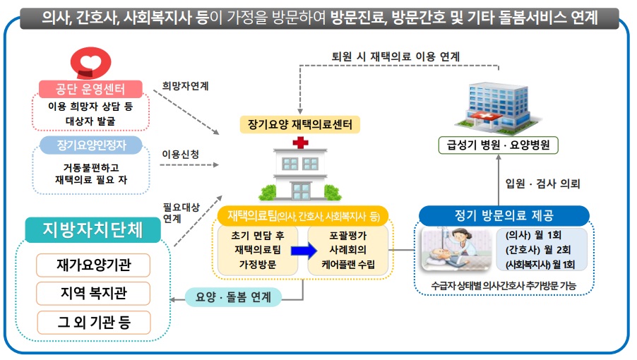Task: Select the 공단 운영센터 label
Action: point(90,89)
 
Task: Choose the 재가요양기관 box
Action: point(93,265)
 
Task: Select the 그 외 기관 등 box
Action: point(93,323)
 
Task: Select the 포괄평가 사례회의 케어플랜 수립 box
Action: point(347,250)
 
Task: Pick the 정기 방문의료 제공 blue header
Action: point(504,215)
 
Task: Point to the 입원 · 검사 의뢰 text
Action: point(542,184)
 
